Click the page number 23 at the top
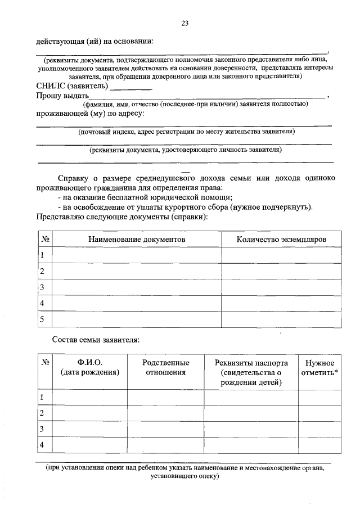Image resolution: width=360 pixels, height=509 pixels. click(184, 23)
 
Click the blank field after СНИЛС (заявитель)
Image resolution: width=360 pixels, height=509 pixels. click(130, 87)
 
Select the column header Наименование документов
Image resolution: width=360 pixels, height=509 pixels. click(137, 239)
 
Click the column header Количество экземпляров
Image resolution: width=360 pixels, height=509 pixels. click(281, 239)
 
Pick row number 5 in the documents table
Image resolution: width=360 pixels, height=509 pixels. click(42, 319)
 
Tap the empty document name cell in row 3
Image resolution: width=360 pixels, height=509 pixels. click(137, 287)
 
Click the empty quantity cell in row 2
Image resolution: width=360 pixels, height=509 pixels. click(281, 271)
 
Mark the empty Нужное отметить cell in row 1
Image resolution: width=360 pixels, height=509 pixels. click(319, 398)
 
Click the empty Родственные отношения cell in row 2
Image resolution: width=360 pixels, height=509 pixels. click(166, 413)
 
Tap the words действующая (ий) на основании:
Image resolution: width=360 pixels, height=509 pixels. click(94, 41)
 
